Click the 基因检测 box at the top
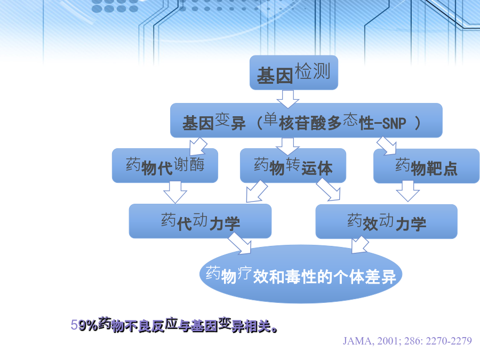click(293, 73)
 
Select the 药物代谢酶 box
click(165, 166)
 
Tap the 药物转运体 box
click(293, 166)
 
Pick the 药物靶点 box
click(427, 166)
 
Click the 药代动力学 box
click(200, 221)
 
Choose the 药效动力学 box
click(386, 221)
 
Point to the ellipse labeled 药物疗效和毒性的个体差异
click(301, 274)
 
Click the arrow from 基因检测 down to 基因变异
click(288, 99)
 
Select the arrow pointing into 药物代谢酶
click(198, 146)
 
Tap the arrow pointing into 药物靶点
click(387, 146)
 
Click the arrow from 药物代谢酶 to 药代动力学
click(175, 192)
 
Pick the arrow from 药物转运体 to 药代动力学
click(257, 191)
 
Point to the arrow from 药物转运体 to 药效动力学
click(329, 189)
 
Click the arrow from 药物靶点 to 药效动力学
click(408, 191)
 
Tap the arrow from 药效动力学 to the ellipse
click(360, 245)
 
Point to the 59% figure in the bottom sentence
click(84, 325)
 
